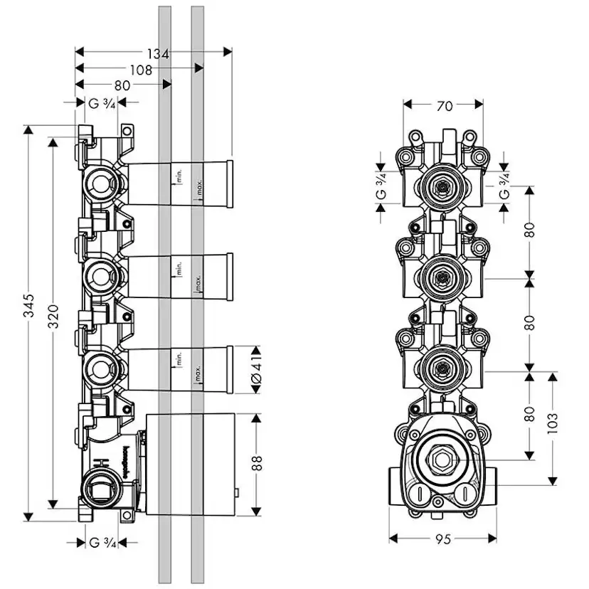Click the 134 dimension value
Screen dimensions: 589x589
pos(158,53)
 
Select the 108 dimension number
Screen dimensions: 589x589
pos(142,69)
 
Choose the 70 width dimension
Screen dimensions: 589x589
pos(444,107)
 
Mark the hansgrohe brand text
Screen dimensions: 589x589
pos(124,461)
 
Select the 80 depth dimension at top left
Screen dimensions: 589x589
pos(122,85)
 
